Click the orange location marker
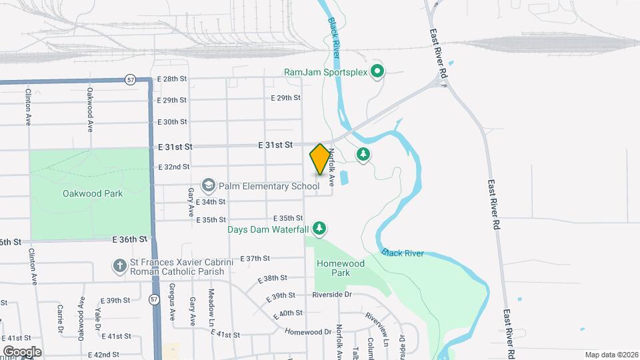320,159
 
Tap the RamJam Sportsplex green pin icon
377,71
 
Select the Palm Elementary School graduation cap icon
209,185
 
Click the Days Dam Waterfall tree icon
320,229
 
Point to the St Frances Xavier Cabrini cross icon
119,267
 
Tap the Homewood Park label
341,268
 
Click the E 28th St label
172,79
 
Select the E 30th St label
172,121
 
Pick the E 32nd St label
174,167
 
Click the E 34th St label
211,201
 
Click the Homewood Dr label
308,331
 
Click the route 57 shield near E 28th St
130,80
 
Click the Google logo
22,351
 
